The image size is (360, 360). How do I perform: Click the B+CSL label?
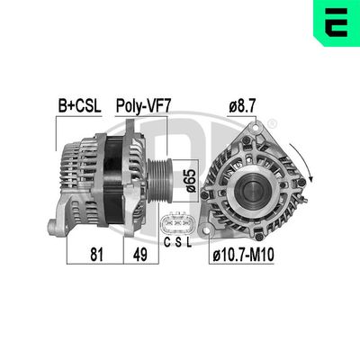tap(79, 105)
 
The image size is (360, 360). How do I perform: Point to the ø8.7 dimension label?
tap(242, 105)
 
